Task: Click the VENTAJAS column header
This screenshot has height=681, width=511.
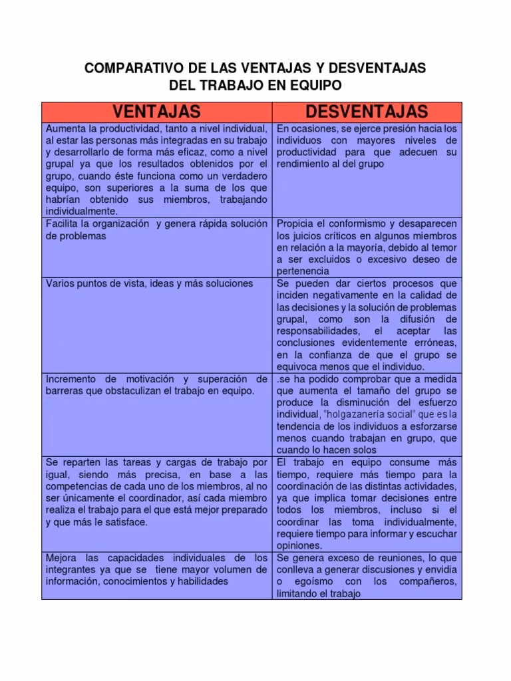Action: point(156,111)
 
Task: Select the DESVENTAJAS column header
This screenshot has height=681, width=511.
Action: point(367,111)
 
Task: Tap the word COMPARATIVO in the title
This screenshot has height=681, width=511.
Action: point(125,68)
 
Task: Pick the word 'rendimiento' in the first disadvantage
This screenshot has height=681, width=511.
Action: point(303,164)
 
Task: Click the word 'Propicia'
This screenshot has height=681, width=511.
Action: point(296,223)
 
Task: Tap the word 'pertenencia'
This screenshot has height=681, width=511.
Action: point(303,271)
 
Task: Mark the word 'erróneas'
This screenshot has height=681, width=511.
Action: point(432,342)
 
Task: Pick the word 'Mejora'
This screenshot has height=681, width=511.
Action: point(61,557)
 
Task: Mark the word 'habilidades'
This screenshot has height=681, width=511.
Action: point(200,581)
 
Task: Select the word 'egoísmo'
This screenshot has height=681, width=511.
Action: point(306,581)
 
